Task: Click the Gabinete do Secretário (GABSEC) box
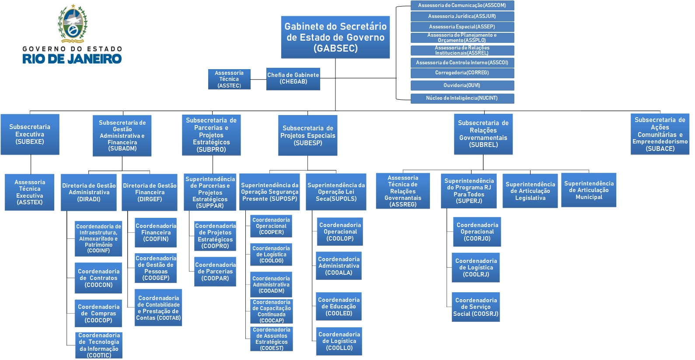(x=335, y=37)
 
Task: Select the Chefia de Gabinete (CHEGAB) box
(x=293, y=79)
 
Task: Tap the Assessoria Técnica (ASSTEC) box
(x=229, y=79)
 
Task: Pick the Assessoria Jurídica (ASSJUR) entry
(x=462, y=16)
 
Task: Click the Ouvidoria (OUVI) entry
(x=462, y=85)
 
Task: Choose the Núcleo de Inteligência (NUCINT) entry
(x=462, y=98)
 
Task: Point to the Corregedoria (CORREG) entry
(x=462, y=73)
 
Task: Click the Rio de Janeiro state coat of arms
(x=73, y=24)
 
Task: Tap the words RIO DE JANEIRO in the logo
(x=72, y=59)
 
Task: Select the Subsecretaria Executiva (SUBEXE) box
(x=30, y=134)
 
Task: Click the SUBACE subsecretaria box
(x=660, y=134)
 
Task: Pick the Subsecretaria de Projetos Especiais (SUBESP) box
(x=308, y=135)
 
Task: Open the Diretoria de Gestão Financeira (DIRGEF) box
(x=150, y=192)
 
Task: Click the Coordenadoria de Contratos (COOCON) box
(x=98, y=278)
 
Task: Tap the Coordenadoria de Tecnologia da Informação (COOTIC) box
(x=99, y=345)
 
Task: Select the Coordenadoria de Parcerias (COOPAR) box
(x=215, y=272)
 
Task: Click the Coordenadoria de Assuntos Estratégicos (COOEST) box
(x=272, y=339)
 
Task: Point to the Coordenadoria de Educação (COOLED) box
(x=339, y=306)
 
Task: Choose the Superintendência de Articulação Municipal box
(x=589, y=190)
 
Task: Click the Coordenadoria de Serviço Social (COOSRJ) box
(x=476, y=307)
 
